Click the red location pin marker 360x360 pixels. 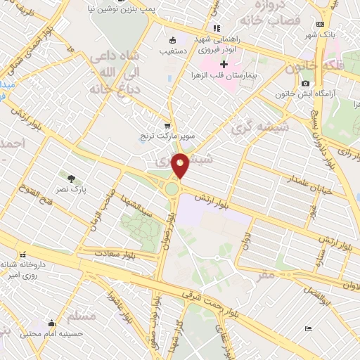point(180,165)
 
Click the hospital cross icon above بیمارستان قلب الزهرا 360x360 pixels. point(224,65)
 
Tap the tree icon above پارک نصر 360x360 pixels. point(72,179)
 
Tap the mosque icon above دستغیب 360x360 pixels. point(173,40)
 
